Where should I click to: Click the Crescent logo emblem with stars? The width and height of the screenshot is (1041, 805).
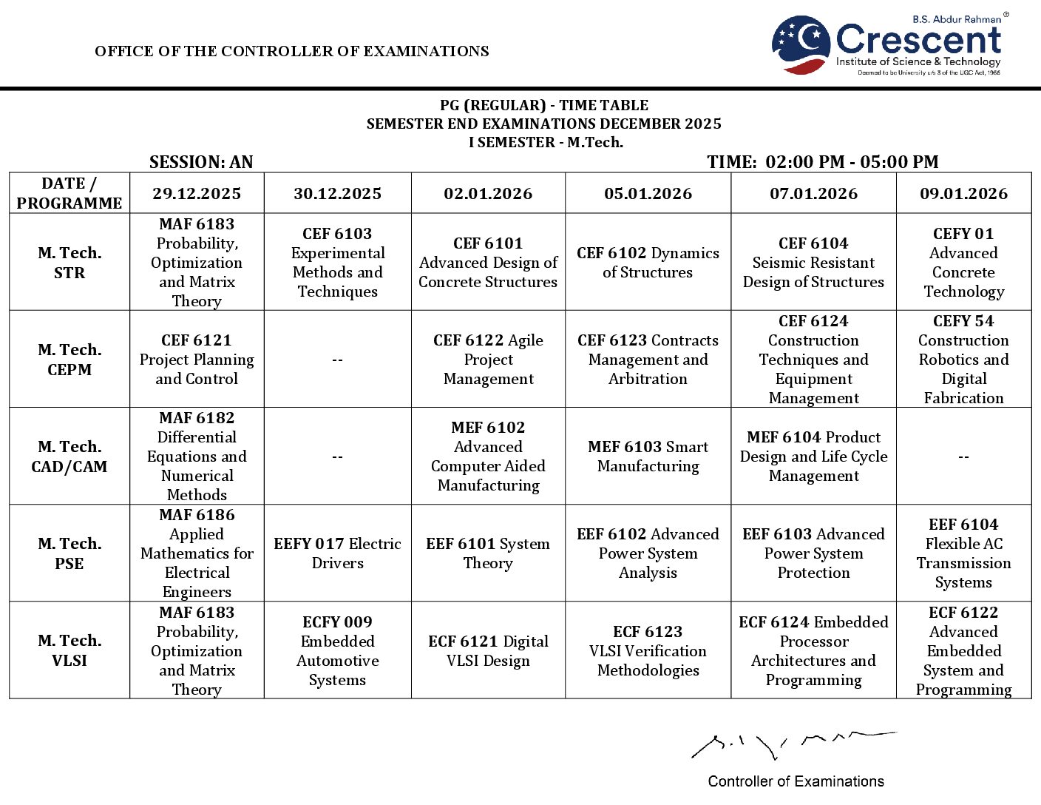[801, 44]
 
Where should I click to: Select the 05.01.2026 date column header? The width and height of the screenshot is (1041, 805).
[648, 194]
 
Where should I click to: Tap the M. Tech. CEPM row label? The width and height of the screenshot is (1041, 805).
[69, 359]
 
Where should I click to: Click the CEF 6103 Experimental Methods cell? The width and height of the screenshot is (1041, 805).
[338, 262]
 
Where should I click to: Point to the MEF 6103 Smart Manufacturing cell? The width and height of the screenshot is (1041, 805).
[648, 457]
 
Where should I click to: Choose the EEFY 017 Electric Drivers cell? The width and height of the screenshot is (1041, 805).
[338, 553]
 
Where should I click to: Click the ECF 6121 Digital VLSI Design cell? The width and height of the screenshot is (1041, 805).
[488, 650]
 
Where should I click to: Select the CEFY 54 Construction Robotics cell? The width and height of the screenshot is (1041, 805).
[963, 359]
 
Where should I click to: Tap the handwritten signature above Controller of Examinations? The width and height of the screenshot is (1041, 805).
[792, 745]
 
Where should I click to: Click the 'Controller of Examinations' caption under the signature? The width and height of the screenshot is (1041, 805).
[796, 781]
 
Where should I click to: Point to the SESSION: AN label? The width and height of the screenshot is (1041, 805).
[201, 162]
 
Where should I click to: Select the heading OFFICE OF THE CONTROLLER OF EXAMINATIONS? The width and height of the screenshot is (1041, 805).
[292, 51]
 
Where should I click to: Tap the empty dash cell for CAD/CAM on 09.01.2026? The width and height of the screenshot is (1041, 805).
[963, 457]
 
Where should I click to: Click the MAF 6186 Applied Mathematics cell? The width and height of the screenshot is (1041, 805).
[197, 553]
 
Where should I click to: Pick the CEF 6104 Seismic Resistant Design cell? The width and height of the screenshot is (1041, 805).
[813, 262]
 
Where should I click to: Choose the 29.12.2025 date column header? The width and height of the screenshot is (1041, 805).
[197, 194]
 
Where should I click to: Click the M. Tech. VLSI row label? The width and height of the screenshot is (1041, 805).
[69, 650]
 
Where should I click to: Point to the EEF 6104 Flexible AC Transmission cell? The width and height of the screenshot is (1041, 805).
[963, 553]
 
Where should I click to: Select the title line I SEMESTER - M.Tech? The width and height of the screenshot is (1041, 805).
[546, 142]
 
